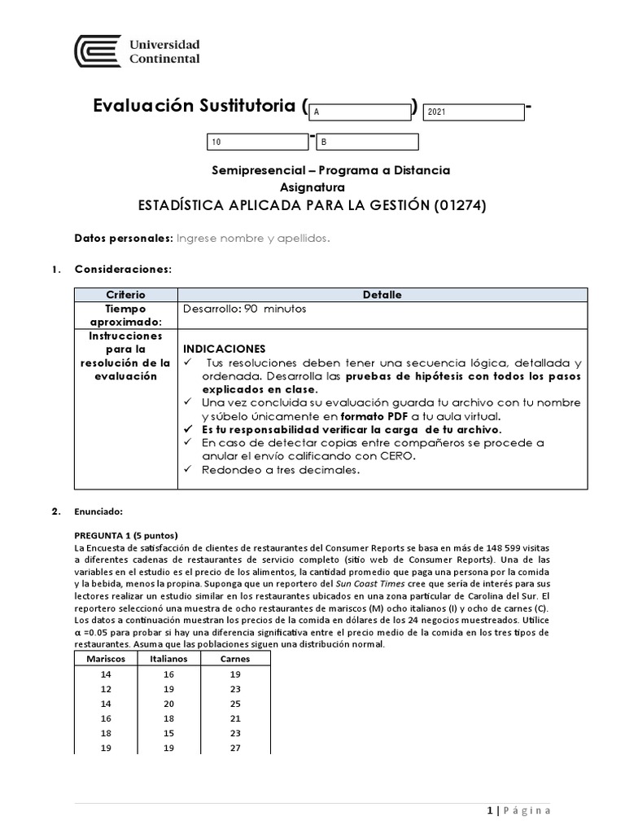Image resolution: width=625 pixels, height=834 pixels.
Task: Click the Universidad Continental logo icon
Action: click(x=98, y=51)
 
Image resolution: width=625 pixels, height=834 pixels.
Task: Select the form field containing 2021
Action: click(x=473, y=112)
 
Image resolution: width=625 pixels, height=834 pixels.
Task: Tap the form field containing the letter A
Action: click(x=360, y=112)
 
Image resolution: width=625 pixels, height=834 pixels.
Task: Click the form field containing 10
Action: click(x=258, y=142)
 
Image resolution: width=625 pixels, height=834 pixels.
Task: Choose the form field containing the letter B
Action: click(x=367, y=142)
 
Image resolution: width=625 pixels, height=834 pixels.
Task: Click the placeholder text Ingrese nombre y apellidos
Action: click(x=253, y=238)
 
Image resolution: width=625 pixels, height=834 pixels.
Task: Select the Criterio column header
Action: click(x=125, y=295)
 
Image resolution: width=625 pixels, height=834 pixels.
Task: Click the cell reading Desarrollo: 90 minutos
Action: click(x=245, y=309)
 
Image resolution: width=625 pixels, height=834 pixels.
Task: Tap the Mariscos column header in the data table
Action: click(x=107, y=658)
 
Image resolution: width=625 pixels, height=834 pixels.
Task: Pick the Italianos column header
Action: click(x=169, y=658)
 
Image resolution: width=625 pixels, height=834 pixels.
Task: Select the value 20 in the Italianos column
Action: click(x=169, y=704)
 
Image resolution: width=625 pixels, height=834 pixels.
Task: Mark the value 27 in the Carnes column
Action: click(x=236, y=748)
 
